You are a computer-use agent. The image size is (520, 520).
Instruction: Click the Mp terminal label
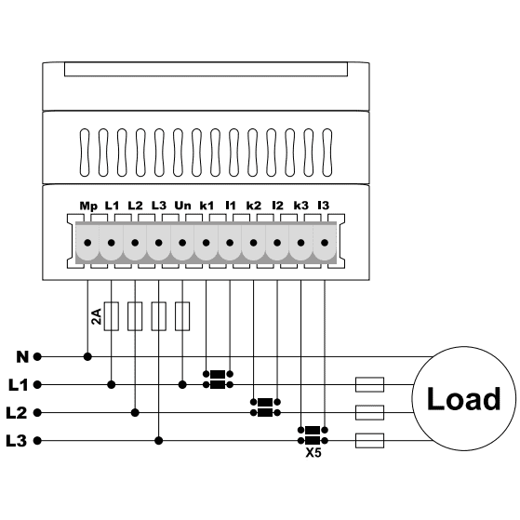[88, 207]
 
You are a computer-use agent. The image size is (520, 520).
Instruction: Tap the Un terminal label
[182, 206]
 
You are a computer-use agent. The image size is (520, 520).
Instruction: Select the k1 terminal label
[207, 206]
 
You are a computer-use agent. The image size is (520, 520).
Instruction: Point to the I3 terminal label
[324, 206]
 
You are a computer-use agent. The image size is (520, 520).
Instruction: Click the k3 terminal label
[301, 206]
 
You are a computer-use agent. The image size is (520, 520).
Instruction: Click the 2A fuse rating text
[96, 316]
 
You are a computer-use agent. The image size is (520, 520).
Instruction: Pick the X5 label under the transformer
[313, 452]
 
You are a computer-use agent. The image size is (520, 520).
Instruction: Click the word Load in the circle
[463, 399]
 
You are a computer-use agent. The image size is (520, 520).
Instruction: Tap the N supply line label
[22, 357]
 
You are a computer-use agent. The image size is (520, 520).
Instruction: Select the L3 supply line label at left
[16, 441]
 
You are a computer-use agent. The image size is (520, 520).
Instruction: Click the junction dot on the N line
[87, 357]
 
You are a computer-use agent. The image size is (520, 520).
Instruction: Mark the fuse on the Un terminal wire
[182, 316]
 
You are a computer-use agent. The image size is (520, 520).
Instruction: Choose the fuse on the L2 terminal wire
[135, 316]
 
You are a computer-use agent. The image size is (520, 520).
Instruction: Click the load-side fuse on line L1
[370, 385]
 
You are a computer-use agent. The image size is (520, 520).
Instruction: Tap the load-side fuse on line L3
[370, 441]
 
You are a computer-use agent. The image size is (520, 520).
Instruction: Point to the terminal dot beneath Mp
[87, 243]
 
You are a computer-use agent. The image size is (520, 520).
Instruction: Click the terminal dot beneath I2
[277, 243]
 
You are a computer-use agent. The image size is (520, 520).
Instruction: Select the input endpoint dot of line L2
[37, 413]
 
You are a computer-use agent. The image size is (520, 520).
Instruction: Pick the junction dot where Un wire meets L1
[182, 385]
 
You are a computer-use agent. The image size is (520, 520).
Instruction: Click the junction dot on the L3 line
[159, 441]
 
